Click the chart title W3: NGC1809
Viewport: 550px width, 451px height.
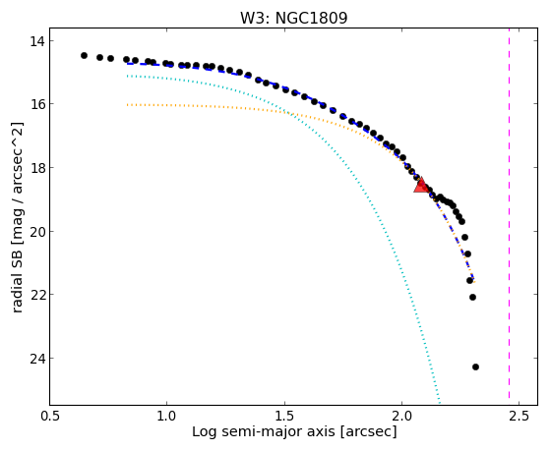tap(293, 19)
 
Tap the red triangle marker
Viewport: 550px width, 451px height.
tap(420, 185)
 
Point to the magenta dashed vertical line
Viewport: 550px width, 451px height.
tap(509, 216)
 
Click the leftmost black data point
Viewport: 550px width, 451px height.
tap(84, 55)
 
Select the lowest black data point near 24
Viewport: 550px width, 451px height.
tap(475, 366)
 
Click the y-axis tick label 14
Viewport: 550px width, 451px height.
tap(37, 41)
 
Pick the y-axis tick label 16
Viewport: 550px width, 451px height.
tap(37, 104)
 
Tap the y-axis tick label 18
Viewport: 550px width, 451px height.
tap(37, 168)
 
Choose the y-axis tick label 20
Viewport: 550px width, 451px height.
tap(37, 232)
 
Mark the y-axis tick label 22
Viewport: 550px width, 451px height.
tap(37, 295)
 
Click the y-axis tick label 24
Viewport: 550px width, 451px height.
tap(37, 359)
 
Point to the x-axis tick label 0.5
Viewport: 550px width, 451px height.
tap(50, 416)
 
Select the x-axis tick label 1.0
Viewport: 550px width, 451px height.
tap(167, 416)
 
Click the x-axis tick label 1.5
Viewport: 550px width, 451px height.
tap(284, 416)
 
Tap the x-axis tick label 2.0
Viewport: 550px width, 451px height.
tap(402, 416)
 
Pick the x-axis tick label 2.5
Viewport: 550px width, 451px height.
tap(519, 416)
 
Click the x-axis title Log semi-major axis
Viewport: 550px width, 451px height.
tap(263, 432)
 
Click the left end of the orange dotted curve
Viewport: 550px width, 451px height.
tap(128, 105)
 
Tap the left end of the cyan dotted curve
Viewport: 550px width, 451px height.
tap(128, 76)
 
